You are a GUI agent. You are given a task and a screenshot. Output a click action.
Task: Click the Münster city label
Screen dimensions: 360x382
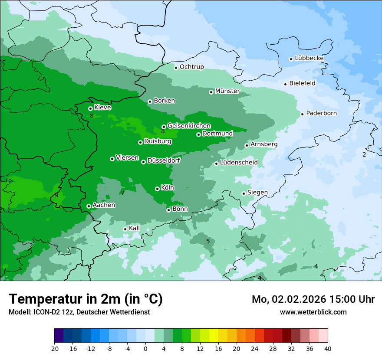point(227,91)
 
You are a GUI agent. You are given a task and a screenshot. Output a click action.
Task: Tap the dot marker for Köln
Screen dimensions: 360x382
point(157,189)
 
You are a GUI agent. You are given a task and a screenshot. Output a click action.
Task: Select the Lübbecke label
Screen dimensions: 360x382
point(309,58)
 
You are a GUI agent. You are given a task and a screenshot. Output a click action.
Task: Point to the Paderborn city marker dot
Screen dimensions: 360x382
point(303,114)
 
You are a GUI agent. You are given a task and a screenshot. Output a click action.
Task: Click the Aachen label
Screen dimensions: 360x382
point(104,205)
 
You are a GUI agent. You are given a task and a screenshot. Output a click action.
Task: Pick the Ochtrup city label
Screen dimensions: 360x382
point(191,67)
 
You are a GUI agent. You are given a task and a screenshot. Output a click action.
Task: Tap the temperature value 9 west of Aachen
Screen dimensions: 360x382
point(56,195)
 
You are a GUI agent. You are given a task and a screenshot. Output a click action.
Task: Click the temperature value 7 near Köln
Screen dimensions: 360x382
point(123,193)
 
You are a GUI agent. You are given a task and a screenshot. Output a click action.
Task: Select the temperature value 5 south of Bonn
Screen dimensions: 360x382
point(208,241)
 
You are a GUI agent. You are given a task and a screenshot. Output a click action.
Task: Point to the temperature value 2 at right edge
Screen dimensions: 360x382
point(364,154)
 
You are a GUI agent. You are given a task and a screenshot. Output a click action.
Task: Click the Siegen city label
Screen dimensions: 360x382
point(257,193)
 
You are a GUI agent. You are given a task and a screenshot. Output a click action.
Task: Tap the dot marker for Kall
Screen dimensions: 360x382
point(125,229)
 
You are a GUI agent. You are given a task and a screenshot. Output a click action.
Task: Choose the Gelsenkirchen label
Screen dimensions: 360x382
point(189,126)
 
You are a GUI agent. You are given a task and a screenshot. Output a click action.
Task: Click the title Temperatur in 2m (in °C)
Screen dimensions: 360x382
point(86,299)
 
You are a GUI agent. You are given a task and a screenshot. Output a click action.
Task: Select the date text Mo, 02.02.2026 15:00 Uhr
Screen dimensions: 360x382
point(313,299)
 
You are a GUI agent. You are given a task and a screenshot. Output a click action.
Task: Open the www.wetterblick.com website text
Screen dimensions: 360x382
point(313,312)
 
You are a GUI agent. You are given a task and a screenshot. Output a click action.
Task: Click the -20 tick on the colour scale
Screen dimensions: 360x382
point(54,348)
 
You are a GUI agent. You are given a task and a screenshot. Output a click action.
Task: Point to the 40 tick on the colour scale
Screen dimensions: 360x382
point(327,348)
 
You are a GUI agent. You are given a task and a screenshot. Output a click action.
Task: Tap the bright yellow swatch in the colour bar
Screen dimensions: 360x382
point(214,336)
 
